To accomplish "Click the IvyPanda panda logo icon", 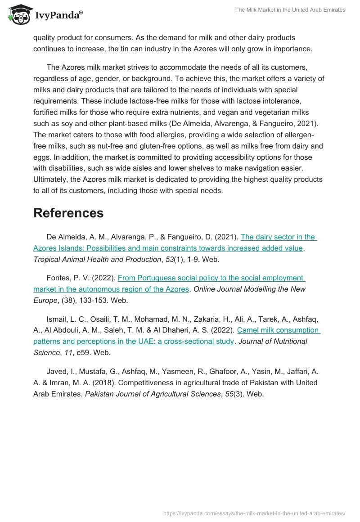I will (x=18, y=14).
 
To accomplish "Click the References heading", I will (x=68, y=213).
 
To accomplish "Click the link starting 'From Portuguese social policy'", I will (x=211, y=278).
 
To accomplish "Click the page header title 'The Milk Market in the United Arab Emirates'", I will (x=290, y=10).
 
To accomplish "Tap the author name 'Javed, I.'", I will (x=61, y=372).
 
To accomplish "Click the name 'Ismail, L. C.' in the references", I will (x=67, y=319).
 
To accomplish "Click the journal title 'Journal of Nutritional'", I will (x=273, y=341).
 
